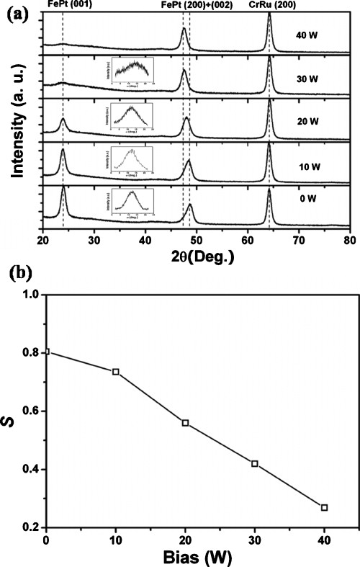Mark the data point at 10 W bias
[x=115, y=372]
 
